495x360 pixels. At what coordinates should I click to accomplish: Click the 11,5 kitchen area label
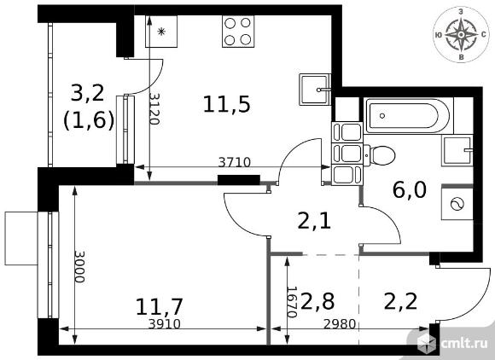227,105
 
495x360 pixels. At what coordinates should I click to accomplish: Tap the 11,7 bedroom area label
160,306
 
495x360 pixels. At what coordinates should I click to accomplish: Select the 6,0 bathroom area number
410,190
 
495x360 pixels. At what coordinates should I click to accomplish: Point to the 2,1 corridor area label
314,221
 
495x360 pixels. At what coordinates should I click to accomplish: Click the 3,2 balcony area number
87,93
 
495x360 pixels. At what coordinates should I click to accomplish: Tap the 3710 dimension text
235,162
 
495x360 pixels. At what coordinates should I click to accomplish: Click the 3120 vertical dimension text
154,109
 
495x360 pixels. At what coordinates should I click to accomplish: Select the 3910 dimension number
165,323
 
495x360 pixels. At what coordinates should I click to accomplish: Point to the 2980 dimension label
340,323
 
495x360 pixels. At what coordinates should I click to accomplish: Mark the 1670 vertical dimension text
292,302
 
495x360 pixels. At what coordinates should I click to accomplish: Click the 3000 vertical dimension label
79,267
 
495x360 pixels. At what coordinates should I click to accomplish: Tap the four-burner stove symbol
238,32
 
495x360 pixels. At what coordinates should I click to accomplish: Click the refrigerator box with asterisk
161,32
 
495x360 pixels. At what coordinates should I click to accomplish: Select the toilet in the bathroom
379,155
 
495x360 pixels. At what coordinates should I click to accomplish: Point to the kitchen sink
315,90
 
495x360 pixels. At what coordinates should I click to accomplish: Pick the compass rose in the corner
461,35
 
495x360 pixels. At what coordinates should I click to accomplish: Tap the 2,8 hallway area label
317,301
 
